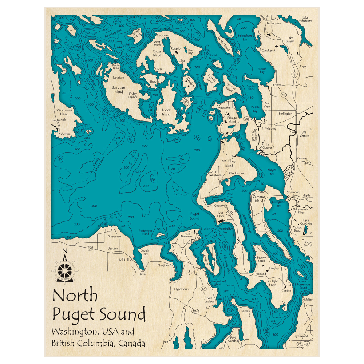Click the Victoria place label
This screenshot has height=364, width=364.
click(66, 134)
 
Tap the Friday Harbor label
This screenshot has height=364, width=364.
click(133, 95)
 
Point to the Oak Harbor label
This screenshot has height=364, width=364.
click(237, 173)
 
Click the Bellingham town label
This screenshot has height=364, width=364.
click(274, 23)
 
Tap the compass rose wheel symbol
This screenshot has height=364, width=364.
click(65, 269)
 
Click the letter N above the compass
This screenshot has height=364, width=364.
click(65, 250)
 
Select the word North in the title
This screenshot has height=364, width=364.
click(75, 296)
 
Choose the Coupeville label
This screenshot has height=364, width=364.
click(221, 206)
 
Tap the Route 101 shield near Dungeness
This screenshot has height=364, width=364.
click(90, 248)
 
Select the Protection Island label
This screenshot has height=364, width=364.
click(145, 232)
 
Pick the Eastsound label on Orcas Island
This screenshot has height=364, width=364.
click(163, 35)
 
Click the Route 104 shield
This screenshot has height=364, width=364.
click(195, 311)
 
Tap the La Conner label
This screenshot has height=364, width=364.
click(269, 146)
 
